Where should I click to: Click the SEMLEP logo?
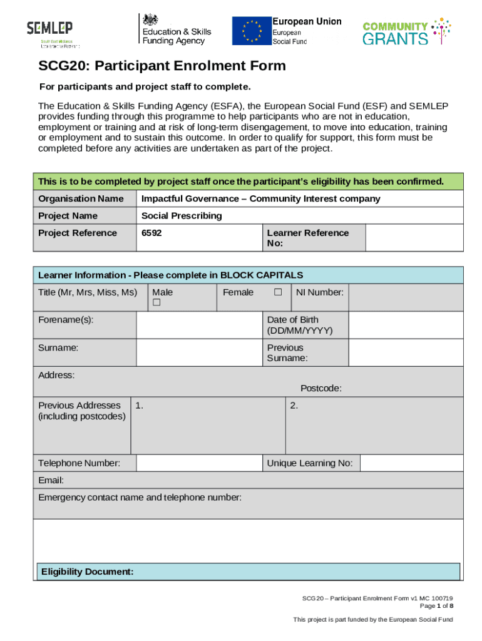(x=49, y=33)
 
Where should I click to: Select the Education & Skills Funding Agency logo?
(x=176, y=29)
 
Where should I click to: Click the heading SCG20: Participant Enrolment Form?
(x=162, y=66)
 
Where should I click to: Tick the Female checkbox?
(x=278, y=292)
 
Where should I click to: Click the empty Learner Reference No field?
(x=414, y=238)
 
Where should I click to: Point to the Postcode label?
(x=320, y=388)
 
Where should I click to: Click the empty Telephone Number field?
(x=199, y=463)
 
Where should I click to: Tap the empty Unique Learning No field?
(x=411, y=463)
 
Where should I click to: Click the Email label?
(x=51, y=481)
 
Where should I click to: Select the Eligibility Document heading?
(x=87, y=572)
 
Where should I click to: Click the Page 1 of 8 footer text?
(x=436, y=606)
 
